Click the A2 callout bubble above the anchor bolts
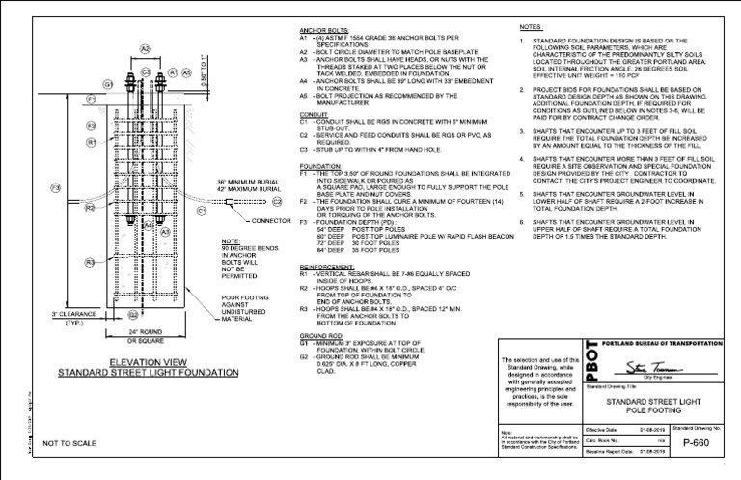click(x=145, y=48)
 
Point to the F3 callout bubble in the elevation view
click(x=55, y=187)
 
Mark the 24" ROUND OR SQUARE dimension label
click(x=142, y=337)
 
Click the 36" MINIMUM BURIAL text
click(x=249, y=182)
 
